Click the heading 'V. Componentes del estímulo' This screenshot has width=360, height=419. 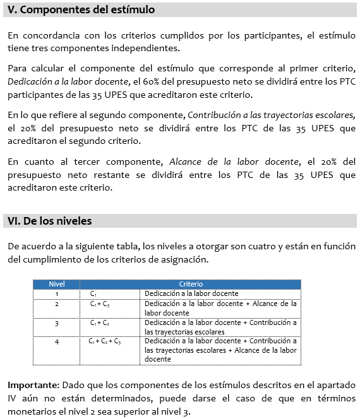coord(81,11)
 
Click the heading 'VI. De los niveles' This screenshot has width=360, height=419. coord(50,221)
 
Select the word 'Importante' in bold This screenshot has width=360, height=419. coord(32,384)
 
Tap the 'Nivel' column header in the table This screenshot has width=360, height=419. coord(57,285)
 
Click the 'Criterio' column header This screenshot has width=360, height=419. coord(191,285)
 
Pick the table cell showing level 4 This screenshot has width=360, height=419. coord(57,341)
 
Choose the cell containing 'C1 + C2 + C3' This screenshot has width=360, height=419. coord(105,341)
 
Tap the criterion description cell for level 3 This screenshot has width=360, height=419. coord(220,327)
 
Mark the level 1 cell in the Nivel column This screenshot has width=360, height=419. coord(57,293)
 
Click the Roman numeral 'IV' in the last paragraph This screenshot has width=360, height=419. coord(13,398)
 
